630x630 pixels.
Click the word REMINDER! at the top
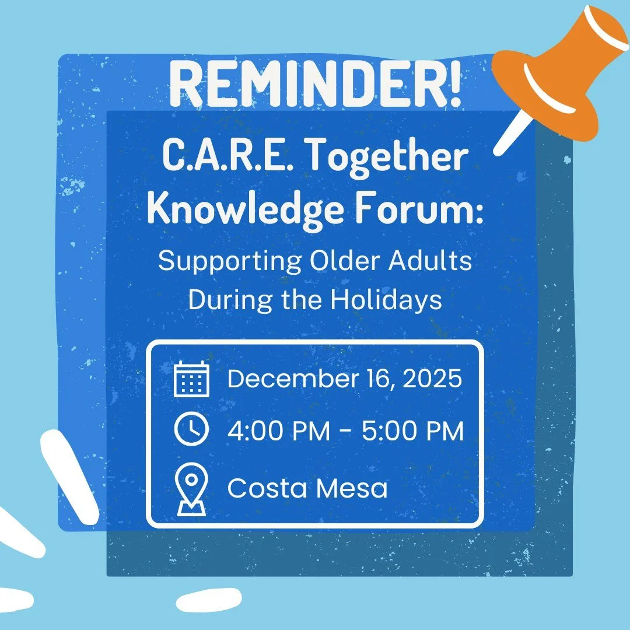(x=315, y=86)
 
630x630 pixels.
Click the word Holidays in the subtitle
(x=387, y=299)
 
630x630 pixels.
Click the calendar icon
(x=191, y=379)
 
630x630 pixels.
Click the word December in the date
(x=289, y=379)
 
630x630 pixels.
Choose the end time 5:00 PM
(x=412, y=432)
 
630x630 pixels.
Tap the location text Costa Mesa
(x=307, y=488)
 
